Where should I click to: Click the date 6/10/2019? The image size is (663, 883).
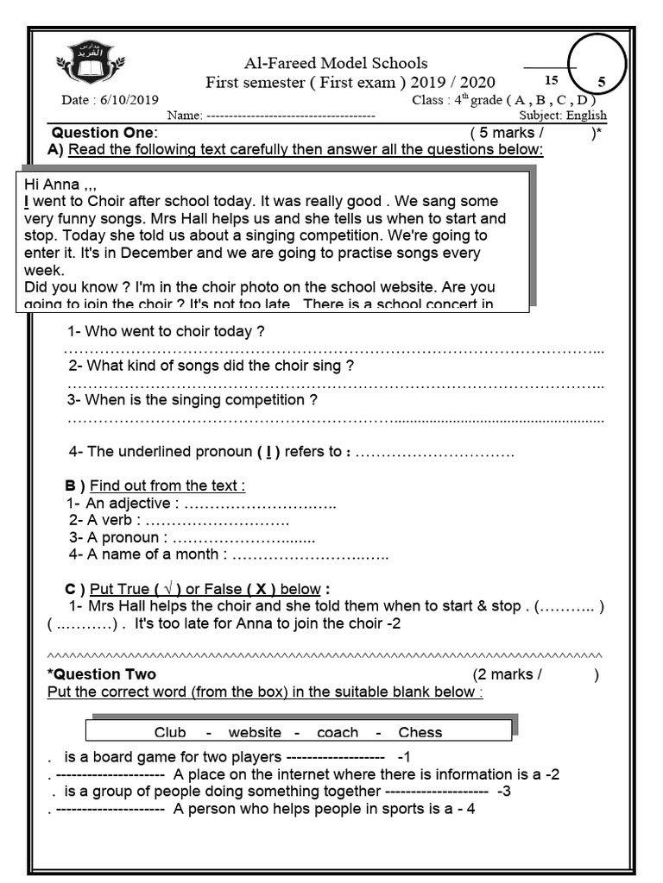tap(110, 100)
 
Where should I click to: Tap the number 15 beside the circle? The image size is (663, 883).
tap(552, 80)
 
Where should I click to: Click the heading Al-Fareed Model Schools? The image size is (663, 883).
tap(336, 63)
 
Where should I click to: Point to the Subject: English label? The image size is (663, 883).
tap(563, 115)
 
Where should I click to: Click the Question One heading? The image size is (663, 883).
tap(104, 133)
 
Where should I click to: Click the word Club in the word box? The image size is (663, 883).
tap(170, 733)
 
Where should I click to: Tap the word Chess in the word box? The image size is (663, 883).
tap(420, 733)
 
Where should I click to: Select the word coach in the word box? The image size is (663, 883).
tap(338, 733)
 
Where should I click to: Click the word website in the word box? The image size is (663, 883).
tap(255, 733)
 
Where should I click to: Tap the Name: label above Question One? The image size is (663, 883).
tap(183, 116)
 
